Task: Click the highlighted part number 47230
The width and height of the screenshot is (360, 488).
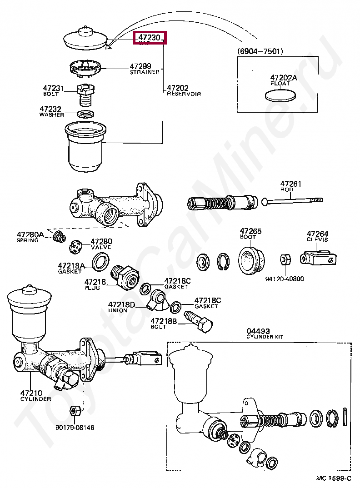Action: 150,38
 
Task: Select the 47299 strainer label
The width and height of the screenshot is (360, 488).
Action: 140,66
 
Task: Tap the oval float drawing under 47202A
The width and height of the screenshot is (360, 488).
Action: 280,95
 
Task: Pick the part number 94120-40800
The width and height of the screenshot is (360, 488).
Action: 285,279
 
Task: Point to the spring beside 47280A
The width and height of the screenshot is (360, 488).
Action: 58,237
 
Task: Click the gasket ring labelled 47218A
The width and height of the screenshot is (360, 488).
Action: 100,262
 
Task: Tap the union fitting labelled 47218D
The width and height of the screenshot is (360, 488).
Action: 159,300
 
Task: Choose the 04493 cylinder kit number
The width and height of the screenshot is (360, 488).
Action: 258,330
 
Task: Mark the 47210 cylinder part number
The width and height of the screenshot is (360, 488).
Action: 31,393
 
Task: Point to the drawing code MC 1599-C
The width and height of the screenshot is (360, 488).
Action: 334,478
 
